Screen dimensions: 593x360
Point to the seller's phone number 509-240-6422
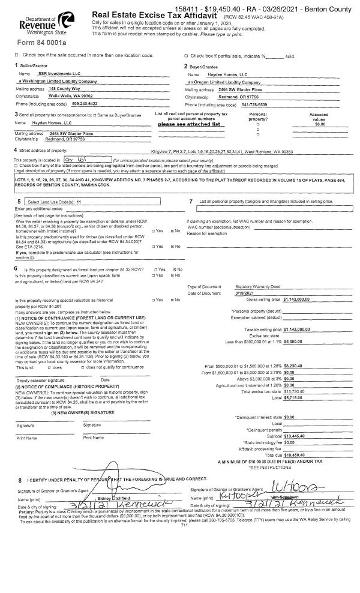click(x=68, y=103)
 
